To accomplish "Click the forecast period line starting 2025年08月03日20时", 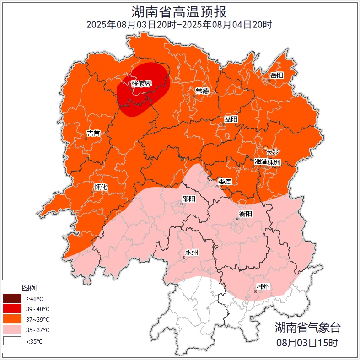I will pos(179,25).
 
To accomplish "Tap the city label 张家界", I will pos(141,84).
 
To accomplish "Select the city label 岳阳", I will pos(277,75).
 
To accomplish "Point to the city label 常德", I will pos(202,91).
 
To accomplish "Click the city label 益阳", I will pos(231,119).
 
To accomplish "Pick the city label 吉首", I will pos(93,133).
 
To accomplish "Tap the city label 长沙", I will pos(272,151).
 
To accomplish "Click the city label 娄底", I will pos(225,182).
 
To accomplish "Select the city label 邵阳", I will pos(188,199).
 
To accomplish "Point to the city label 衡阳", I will pos(246,214).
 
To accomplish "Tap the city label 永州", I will pos(191,253).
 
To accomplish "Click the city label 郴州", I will pos(263,286).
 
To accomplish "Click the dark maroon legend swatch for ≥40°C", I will pos(12,298).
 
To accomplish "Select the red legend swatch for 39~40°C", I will pos(12,309).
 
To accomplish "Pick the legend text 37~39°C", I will pos(38,320).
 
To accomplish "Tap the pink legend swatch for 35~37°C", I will pos(12,330).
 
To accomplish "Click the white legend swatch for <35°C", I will pos(12,341).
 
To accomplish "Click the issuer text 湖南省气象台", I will pos(307,327).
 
